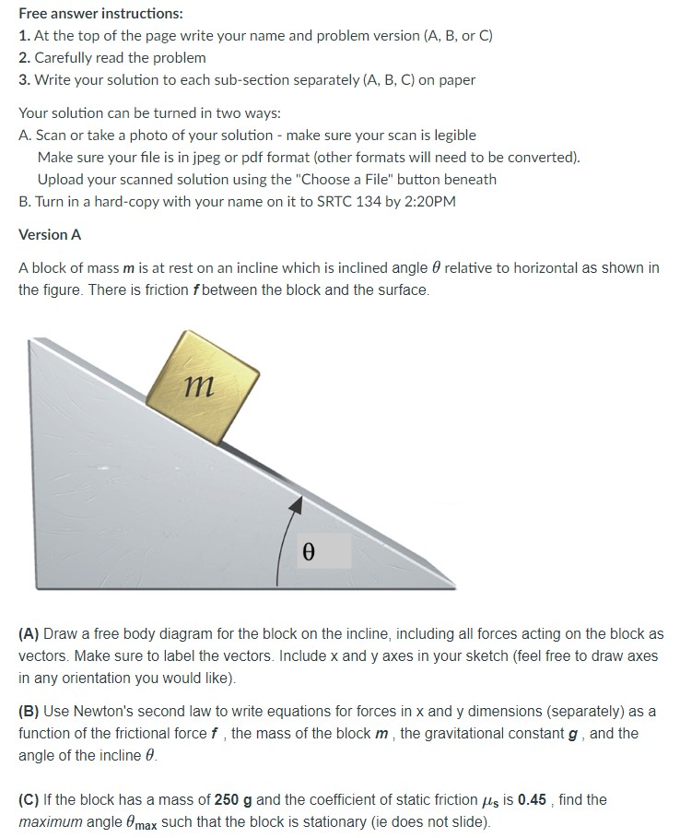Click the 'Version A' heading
point(50,234)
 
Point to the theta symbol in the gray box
point(309,552)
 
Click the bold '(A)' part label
point(29,634)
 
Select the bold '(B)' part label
point(29,712)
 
